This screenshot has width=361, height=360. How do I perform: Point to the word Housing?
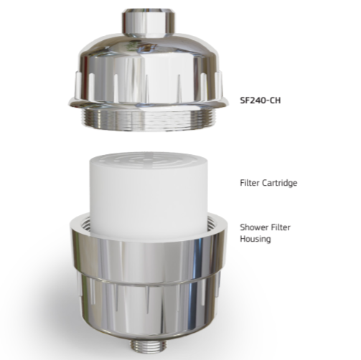pos(255,239)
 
